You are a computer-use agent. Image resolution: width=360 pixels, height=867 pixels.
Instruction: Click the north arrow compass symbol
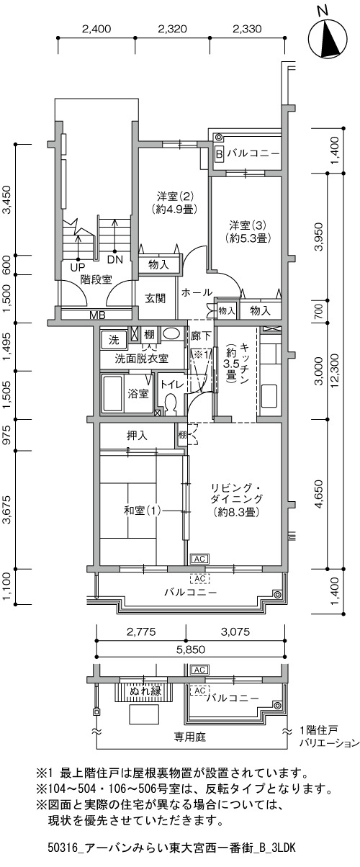(328, 40)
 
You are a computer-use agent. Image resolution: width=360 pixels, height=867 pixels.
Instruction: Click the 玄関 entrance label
(156, 298)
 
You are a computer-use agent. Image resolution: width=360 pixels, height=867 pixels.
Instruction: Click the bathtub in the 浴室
(112, 393)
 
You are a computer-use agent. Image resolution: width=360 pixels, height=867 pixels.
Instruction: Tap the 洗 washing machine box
(114, 339)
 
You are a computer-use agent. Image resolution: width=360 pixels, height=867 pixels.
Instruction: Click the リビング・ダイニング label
(236, 493)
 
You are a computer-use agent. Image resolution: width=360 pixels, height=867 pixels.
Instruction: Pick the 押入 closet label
(138, 436)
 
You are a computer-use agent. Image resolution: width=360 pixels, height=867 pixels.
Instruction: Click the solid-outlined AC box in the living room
(199, 559)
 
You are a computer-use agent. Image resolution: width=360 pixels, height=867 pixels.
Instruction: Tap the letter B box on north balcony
(219, 154)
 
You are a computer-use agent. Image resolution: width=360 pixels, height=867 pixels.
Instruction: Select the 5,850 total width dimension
(191, 650)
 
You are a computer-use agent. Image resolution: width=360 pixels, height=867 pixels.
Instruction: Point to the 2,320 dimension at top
(173, 29)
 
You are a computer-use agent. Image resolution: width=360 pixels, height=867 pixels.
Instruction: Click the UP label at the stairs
(78, 267)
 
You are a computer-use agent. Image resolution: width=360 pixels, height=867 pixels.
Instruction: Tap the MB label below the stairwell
(97, 315)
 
